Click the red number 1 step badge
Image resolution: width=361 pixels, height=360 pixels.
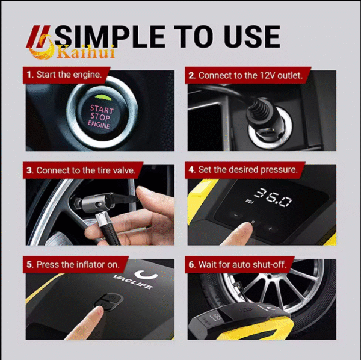click(29, 76)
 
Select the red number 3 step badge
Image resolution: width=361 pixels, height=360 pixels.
click(29, 170)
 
